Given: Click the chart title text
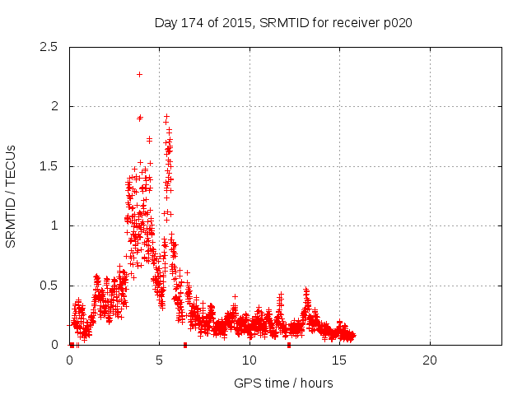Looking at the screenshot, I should (283, 22).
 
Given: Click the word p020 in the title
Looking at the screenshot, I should (396, 22).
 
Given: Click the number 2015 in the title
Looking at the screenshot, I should (237, 22).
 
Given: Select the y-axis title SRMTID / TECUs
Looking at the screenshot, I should (12, 196).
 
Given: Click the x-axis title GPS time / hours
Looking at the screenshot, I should (283, 383).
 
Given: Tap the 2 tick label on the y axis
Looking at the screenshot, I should (55, 106).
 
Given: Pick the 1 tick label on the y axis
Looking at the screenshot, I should (55, 225).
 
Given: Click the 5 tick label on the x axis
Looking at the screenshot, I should (160, 360).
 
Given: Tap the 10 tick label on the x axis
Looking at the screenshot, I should (250, 360).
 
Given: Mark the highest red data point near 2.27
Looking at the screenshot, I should (139, 74).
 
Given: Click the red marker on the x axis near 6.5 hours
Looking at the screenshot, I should (185, 345).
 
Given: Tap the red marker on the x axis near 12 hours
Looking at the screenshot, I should (288, 345).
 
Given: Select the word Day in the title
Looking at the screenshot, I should (166, 22).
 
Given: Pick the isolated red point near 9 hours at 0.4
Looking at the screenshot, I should (235, 296).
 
